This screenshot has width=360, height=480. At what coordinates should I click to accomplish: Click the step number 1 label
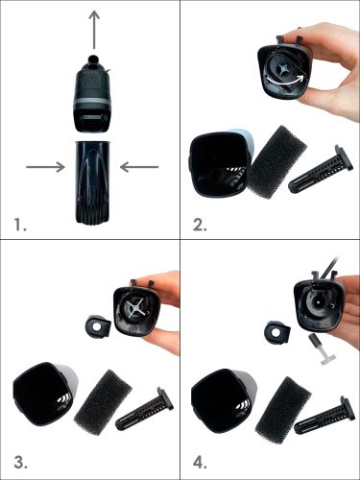click(20, 225)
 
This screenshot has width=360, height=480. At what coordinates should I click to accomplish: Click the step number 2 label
click(200, 225)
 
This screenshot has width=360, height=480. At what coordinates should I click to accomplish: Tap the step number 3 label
click(20, 463)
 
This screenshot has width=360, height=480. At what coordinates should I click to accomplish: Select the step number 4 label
click(200, 463)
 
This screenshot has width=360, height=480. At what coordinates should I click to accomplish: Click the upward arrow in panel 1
click(94, 30)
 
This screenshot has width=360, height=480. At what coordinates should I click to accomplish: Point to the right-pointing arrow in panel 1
click(45, 167)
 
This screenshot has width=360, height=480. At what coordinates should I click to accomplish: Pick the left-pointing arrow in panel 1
click(139, 167)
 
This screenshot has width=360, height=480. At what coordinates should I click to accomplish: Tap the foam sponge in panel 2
click(277, 161)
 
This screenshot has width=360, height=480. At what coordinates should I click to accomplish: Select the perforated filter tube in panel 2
click(321, 170)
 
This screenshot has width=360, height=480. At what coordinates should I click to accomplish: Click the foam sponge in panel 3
click(103, 401)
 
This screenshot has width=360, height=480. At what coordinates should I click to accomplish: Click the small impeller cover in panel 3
click(99, 326)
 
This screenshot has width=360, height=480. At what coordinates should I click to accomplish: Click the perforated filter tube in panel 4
click(324, 414)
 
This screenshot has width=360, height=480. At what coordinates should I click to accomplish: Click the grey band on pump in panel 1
click(93, 104)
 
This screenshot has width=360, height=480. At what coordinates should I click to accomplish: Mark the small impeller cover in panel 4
click(276, 332)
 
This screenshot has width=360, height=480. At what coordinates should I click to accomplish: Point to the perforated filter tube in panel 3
click(146, 408)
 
